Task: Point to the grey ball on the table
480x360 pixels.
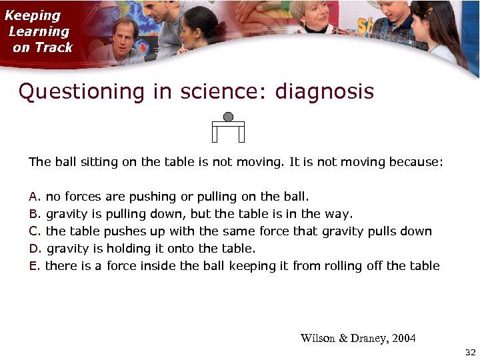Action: pyautogui.click(x=228, y=117)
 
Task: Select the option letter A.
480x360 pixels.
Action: pyautogui.click(x=34, y=197)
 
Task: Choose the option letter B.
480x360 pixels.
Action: pyautogui.click(x=34, y=214)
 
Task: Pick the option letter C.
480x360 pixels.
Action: pyautogui.click(x=34, y=231)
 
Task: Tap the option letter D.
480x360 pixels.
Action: pyautogui.click(x=34, y=249)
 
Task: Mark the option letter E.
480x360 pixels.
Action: pyautogui.click(x=34, y=266)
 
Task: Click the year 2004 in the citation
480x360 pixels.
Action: pyautogui.click(x=403, y=338)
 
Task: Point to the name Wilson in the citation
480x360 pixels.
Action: pyautogui.click(x=318, y=338)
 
